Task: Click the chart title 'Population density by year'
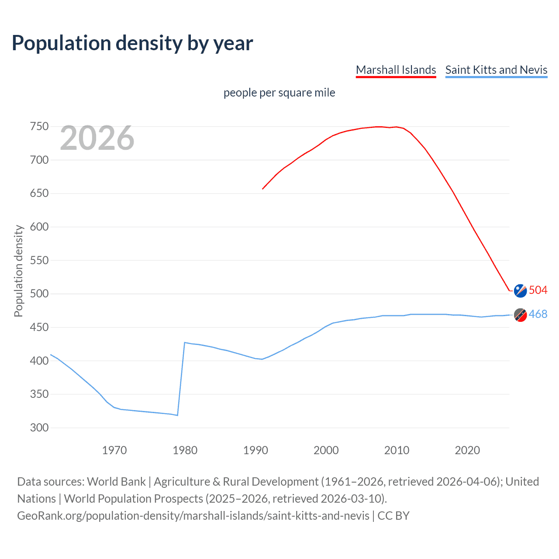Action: pos(132,43)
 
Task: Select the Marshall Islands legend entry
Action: pos(396,70)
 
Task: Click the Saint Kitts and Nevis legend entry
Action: pos(496,70)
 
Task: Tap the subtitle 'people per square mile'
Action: pos(279,93)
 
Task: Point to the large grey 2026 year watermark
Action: pos(97,138)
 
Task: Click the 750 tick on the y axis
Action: pos(39,127)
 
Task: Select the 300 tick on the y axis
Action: pos(39,428)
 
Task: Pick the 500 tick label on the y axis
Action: pos(39,293)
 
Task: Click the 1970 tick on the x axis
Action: pos(114,450)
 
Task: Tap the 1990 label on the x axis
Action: pos(255,450)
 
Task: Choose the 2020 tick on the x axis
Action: pos(467,450)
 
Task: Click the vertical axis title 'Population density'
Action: pos(18,271)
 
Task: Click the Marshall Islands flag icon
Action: pos(520,290)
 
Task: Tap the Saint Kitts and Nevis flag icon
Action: pos(520,314)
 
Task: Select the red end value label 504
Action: pos(538,290)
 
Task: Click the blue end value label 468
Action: pos(538,314)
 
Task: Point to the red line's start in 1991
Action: pos(262,189)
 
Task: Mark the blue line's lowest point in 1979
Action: pos(177,415)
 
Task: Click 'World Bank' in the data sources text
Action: pos(116,482)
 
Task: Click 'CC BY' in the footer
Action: pos(393,516)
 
